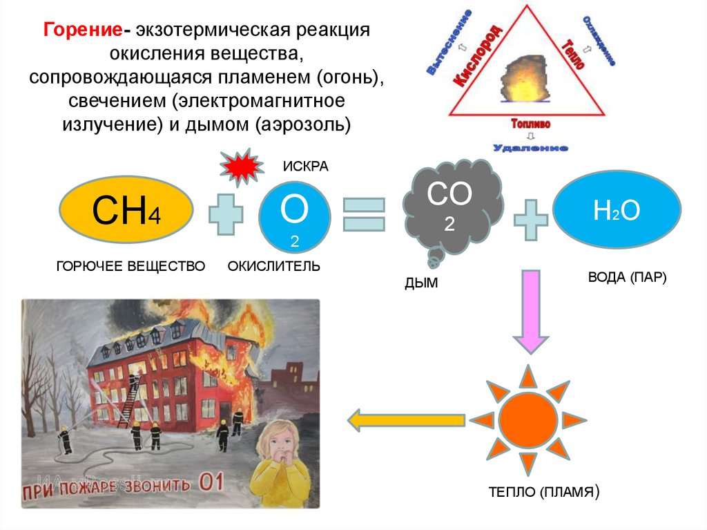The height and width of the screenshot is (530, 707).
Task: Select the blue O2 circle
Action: coord(294,216)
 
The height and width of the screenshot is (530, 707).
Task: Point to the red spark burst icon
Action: coord(240,167)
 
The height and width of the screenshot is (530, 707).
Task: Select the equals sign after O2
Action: coord(364,214)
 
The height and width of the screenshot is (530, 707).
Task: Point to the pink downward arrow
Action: coord(530,310)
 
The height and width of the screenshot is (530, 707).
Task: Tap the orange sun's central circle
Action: coord(528,418)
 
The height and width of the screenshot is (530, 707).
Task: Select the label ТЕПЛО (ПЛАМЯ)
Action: coord(543,493)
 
